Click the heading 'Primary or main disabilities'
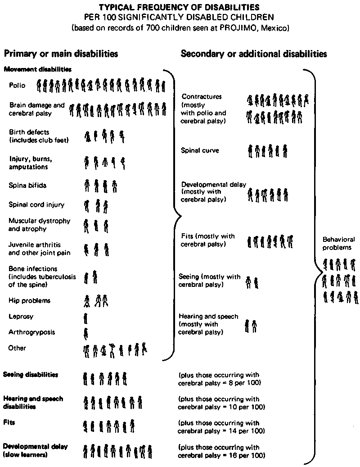61,54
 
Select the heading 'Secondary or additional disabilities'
253,54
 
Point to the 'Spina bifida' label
27,185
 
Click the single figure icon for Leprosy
85,318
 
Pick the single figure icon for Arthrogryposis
86,334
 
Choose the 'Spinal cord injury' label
36,204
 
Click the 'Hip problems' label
29,300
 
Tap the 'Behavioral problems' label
338,243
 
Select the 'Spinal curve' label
200,150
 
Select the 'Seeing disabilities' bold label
31,375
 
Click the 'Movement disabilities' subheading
37,69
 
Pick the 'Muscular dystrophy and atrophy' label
40,225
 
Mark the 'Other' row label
17,348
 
